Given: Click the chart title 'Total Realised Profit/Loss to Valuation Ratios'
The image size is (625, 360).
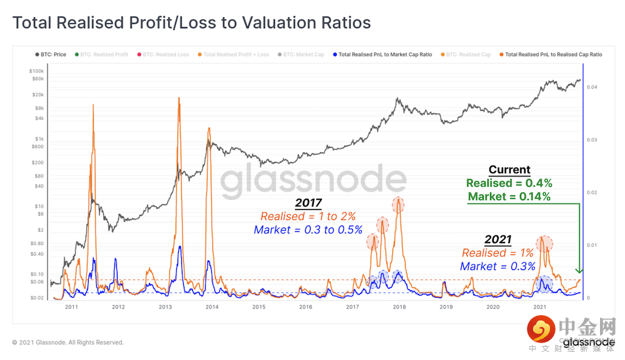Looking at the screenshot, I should [191, 23].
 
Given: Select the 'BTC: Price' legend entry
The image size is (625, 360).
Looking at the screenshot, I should [51, 54].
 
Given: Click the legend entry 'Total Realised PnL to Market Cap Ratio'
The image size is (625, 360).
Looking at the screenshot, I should [382, 54].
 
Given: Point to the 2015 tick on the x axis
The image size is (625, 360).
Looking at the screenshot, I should [259, 307].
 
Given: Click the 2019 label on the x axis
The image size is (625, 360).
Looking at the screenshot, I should [446, 307].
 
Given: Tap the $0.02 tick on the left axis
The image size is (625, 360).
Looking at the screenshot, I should [36, 298].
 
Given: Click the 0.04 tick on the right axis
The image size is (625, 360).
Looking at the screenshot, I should [591, 87].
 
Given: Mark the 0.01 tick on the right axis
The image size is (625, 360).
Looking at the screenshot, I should [591, 245].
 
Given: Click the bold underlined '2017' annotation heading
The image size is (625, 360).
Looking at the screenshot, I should [307, 204].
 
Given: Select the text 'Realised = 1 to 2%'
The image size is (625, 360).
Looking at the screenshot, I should [307, 216].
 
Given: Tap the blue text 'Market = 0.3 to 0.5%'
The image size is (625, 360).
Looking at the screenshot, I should [307, 229].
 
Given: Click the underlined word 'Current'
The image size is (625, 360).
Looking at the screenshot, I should [509, 170].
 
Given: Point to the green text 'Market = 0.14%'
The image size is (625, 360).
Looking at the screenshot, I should [509, 197].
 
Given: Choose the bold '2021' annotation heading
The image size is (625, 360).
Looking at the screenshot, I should [497, 240].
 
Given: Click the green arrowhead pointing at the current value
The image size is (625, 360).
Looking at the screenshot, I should [579, 271].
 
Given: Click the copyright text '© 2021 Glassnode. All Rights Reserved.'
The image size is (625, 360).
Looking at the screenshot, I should [67, 342].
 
